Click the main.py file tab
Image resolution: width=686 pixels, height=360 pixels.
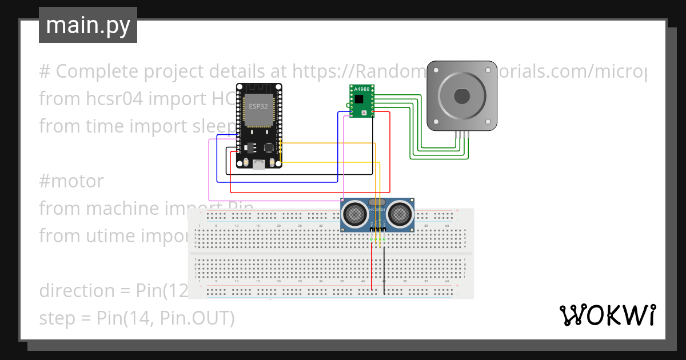tap(87, 25)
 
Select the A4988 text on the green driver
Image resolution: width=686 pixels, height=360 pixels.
tap(361, 90)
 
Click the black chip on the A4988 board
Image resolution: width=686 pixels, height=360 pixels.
tap(359, 99)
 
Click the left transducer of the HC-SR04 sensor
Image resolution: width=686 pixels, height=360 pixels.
tap(355, 214)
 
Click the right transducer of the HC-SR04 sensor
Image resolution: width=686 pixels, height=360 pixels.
tap(400, 214)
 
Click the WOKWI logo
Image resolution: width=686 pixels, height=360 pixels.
tap(607, 315)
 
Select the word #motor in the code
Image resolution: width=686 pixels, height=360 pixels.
tap(71, 181)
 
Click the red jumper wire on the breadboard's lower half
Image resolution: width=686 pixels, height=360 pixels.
tap(372, 269)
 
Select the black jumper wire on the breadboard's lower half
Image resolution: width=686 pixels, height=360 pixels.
tap(384, 269)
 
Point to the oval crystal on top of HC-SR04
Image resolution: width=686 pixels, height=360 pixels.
tap(377, 202)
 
